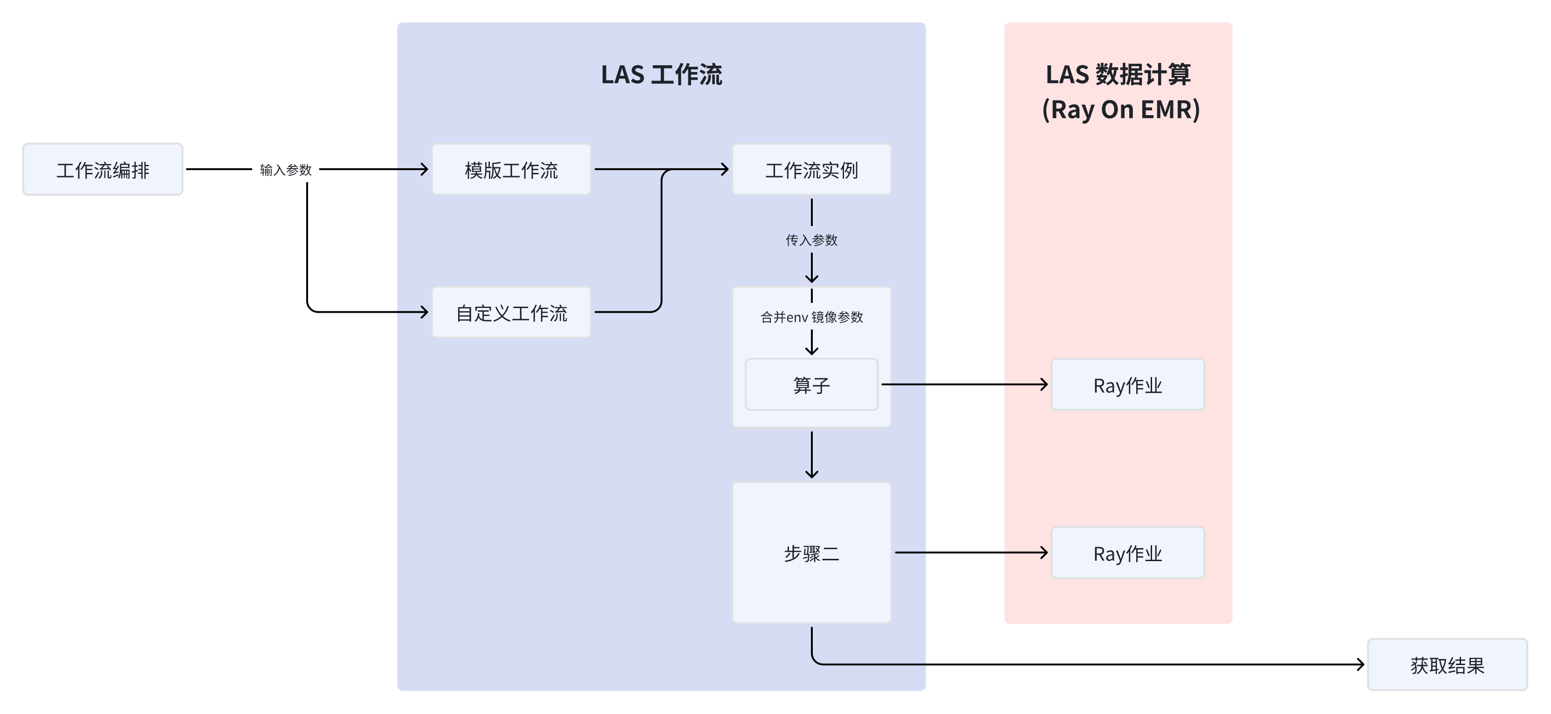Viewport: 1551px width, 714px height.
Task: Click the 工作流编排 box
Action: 103,170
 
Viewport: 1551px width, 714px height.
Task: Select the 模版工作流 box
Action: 511,170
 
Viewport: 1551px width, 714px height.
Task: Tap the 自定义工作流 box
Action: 511,312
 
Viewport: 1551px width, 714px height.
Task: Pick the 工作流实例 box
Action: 812,170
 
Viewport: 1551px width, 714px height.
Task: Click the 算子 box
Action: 812,384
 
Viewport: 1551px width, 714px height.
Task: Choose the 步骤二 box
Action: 812,553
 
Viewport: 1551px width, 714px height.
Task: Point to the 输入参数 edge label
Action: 285,170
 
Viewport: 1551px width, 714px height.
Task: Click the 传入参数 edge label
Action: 812,240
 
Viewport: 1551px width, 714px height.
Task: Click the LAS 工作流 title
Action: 661,75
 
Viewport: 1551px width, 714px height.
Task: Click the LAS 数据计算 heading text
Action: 1118,75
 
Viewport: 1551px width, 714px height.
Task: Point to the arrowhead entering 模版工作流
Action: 425,170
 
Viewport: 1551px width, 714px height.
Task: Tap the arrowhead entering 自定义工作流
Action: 425,312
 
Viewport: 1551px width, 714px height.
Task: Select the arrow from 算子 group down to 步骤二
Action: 812,454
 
